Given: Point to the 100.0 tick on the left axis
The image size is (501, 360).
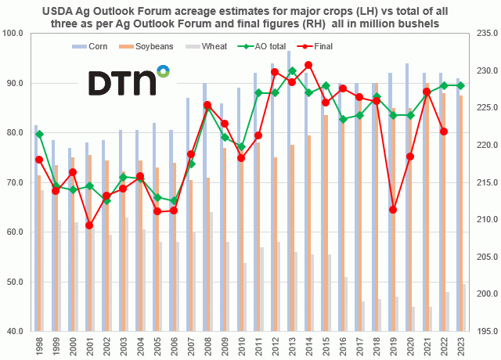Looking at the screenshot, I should [15, 33].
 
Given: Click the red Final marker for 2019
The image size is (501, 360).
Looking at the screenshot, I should [393, 210].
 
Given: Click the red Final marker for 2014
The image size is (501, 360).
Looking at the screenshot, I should [308, 65].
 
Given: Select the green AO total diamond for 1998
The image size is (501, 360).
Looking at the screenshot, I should [39, 134].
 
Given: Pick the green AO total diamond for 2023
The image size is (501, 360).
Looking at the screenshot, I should [460, 85].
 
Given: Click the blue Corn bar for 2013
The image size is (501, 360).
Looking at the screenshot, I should [288, 188].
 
